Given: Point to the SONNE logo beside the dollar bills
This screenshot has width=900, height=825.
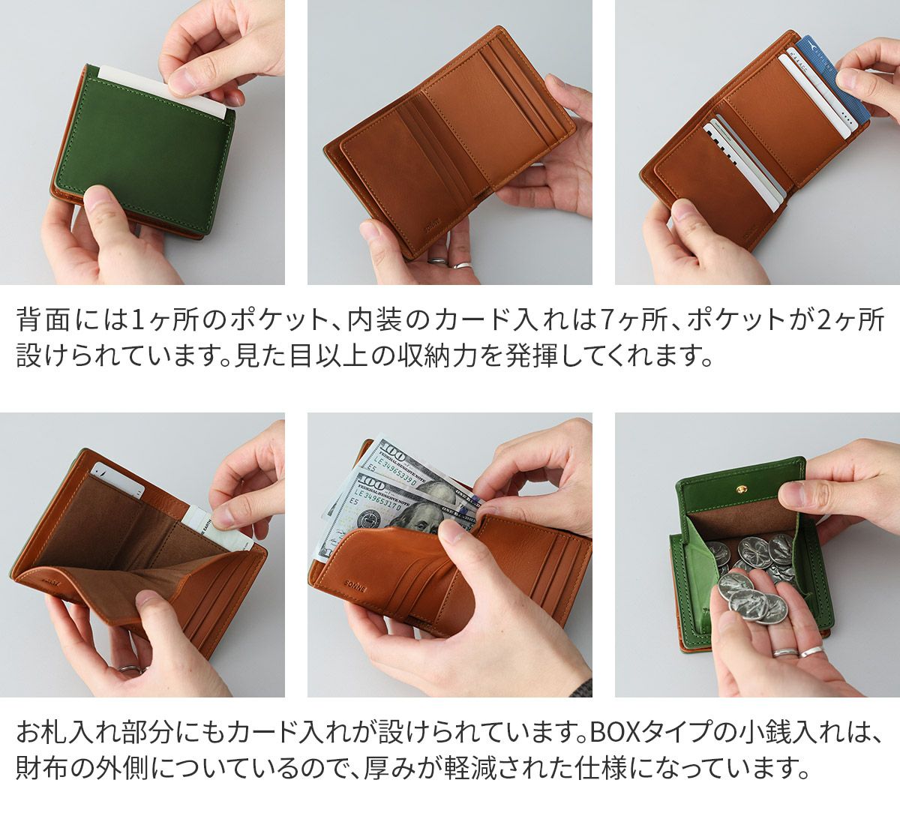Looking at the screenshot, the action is (x=355, y=585).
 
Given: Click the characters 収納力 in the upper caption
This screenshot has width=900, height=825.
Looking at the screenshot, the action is (x=445, y=355).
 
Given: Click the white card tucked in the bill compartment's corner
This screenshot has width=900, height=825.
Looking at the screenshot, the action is (x=117, y=480).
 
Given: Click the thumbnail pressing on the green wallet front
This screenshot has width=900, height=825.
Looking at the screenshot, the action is (x=95, y=196).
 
